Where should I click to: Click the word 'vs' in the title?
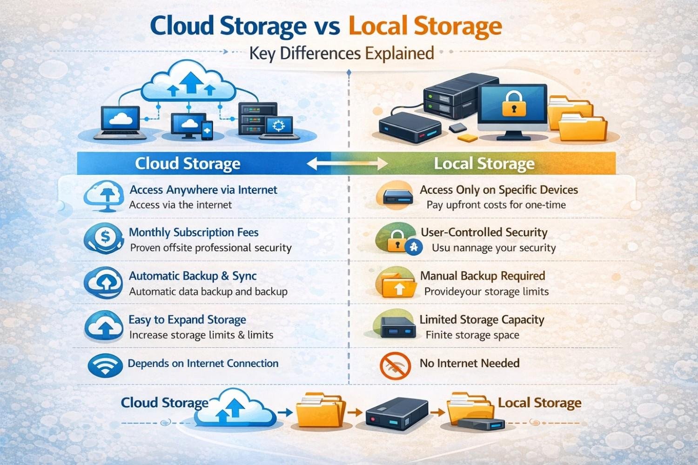tap(327, 26)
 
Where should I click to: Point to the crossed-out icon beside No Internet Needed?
tap(395, 365)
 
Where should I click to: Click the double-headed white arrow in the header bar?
tap(347, 164)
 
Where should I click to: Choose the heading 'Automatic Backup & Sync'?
tap(193, 276)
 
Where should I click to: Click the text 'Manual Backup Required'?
tap(483, 276)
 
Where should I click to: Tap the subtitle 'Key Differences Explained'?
tap(341, 53)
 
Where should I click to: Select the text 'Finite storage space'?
tap(472, 335)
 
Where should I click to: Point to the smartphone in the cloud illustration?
tap(207, 130)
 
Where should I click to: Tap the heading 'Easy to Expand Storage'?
tap(187, 319)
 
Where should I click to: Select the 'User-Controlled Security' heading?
tap(484, 232)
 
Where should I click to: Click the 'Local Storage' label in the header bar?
tap(484, 164)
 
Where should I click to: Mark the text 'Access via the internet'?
tap(180, 205)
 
